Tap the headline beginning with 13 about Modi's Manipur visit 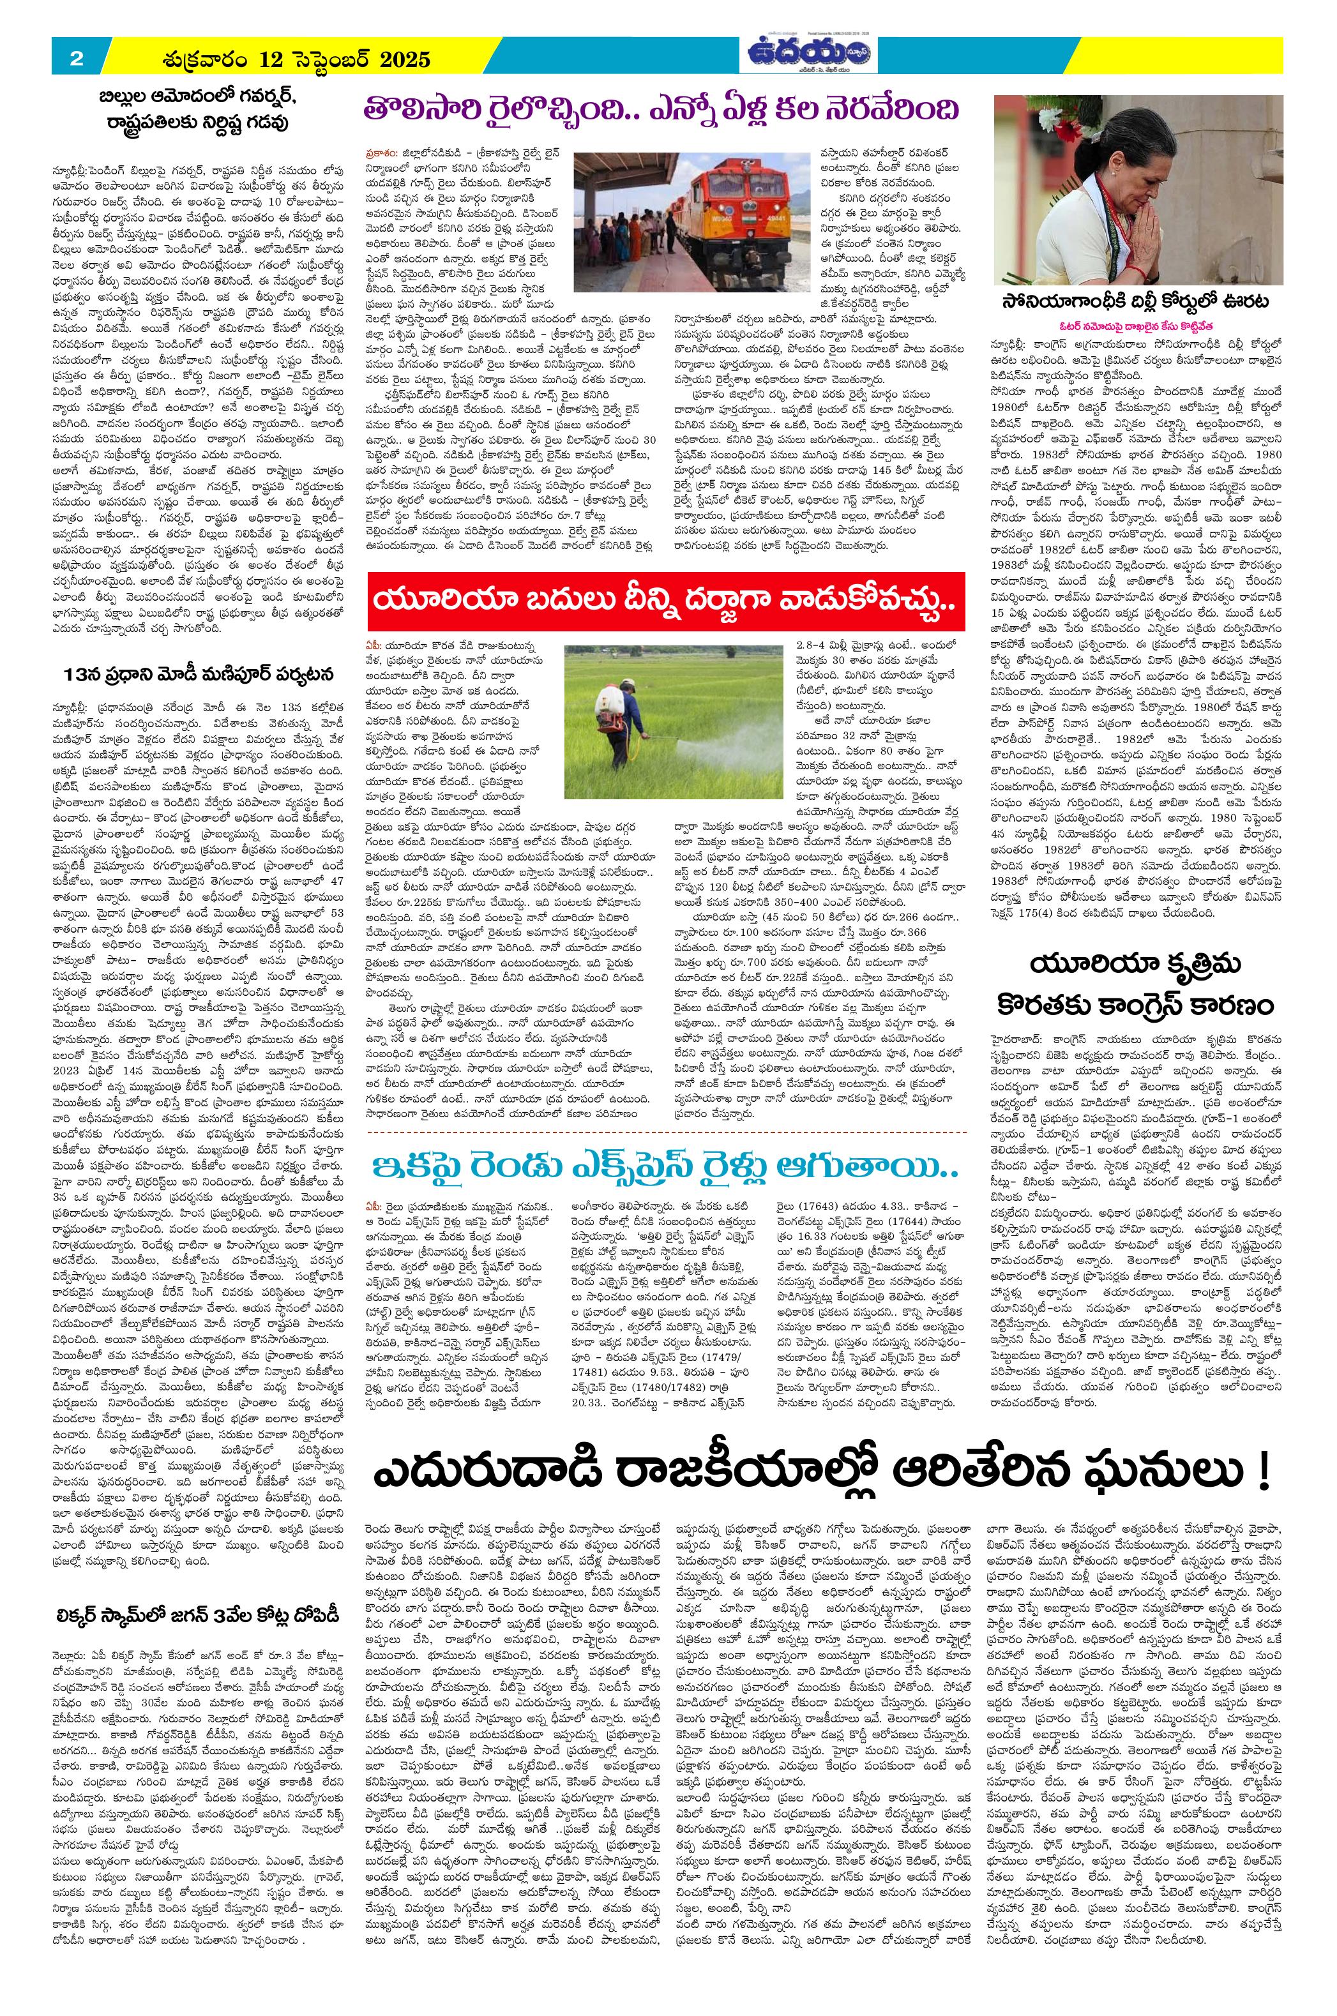(199, 674)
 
